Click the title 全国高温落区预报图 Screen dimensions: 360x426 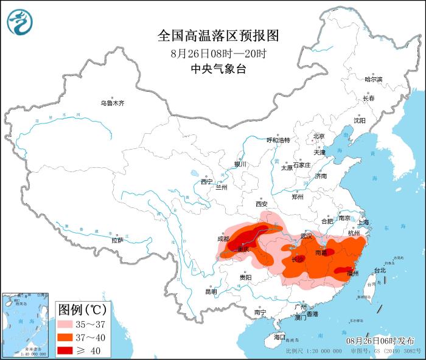218,36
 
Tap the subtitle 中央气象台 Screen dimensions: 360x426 218,69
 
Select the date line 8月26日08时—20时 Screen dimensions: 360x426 218,54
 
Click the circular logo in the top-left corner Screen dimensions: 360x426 19,21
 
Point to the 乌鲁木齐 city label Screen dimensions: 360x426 113,103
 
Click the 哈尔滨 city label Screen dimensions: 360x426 373,80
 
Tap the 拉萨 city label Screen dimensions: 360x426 117,240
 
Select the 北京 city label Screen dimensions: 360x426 319,136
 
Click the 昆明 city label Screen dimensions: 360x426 211,291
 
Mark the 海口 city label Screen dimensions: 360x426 279,336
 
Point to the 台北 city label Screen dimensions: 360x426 379,270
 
